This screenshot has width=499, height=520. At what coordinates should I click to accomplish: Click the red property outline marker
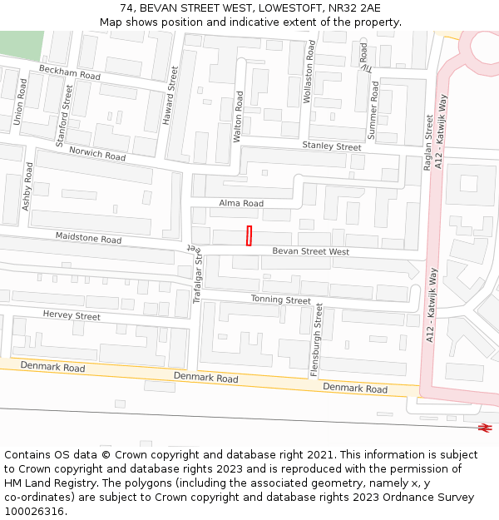click(x=249, y=235)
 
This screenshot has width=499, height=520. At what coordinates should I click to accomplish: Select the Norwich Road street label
click(x=97, y=154)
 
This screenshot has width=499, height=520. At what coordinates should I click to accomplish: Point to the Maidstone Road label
click(x=88, y=239)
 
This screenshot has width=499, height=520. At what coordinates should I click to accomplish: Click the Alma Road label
click(x=241, y=203)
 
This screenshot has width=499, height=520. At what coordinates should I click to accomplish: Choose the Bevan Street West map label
click(x=311, y=251)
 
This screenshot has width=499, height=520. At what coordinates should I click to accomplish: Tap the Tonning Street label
click(x=281, y=300)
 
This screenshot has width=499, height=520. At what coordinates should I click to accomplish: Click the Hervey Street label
click(x=72, y=315)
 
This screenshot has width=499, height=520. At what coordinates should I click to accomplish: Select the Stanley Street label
click(x=332, y=146)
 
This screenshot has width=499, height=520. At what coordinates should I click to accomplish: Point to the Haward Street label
click(x=170, y=96)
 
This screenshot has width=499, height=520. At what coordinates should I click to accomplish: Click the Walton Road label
click(x=240, y=117)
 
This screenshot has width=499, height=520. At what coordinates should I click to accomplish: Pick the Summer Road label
click(x=373, y=109)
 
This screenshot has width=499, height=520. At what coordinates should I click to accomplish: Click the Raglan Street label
click(x=428, y=142)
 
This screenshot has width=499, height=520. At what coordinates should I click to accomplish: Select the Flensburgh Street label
click(x=317, y=340)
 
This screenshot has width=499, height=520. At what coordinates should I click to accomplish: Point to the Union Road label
click(x=20, y=102)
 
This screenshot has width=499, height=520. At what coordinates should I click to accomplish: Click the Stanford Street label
click(x=64, y=116)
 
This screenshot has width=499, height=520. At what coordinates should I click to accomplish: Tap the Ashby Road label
click(x=27, y=186)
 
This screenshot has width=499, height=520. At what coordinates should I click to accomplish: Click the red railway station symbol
click(x=485, y=428)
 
